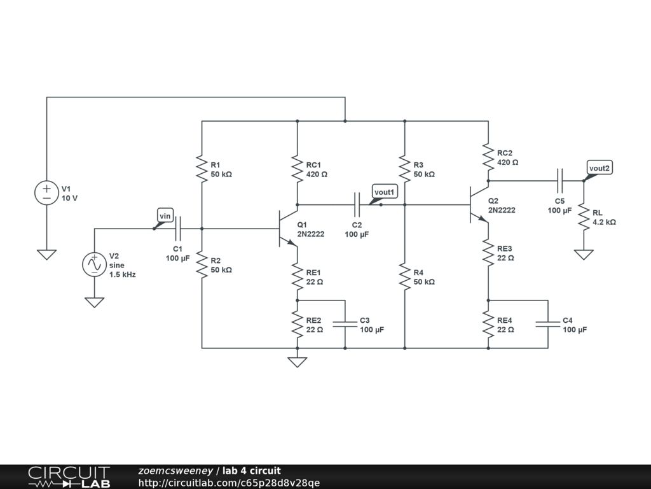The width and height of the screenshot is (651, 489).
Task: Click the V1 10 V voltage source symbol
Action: pyautogui.click(x=46, y=193)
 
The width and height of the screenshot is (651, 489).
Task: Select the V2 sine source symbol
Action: pyautogui.click(x=94, y=264)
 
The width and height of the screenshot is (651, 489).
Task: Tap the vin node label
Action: pyautogui.click(x=165, y=216)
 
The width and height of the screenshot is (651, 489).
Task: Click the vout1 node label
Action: pyautogui.click(x=385, y=192)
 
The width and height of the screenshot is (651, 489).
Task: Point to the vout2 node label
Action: pyautogui.click(x=599, y=168)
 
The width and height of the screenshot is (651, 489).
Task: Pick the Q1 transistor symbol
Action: pyautogui.click(x=288, y=229)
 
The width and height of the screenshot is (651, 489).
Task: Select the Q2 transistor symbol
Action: pyautogui.click(x=479, y=204)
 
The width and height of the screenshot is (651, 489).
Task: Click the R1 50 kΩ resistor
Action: pyautogui.click(x=202, y=169)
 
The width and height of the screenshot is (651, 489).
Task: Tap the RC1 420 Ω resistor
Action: pyautogui.click(x=298, y=169)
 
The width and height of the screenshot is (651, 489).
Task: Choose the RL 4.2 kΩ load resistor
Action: pyautogui.click(x=584, y=216)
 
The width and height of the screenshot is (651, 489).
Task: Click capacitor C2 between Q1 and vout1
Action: pyautogui.click(x=357, y=204)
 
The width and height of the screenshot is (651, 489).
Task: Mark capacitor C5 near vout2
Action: pyautogui.click(x=559, y=181)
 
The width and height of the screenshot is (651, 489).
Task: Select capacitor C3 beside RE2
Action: pyautogui.click(x=345, y=324)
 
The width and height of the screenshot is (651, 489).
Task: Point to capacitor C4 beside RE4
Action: pyautogui.click(x=548, y=324)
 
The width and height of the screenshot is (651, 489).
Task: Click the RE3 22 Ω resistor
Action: pyautogui.click(x=488, y=252)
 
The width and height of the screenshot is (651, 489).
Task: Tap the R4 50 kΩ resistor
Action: pyautogui.click(x=405, y=276)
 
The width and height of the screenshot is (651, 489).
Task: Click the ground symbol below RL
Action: pyautogui.click(x=584, y=255)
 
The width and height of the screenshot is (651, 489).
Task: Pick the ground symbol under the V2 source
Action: pyautogui.click(x=94, y=302)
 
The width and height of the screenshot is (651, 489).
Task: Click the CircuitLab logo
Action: pyautogui.click(x=69, y=477)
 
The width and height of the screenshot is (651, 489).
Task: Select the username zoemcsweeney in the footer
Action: pyautogui.click(x=175, y=471)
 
